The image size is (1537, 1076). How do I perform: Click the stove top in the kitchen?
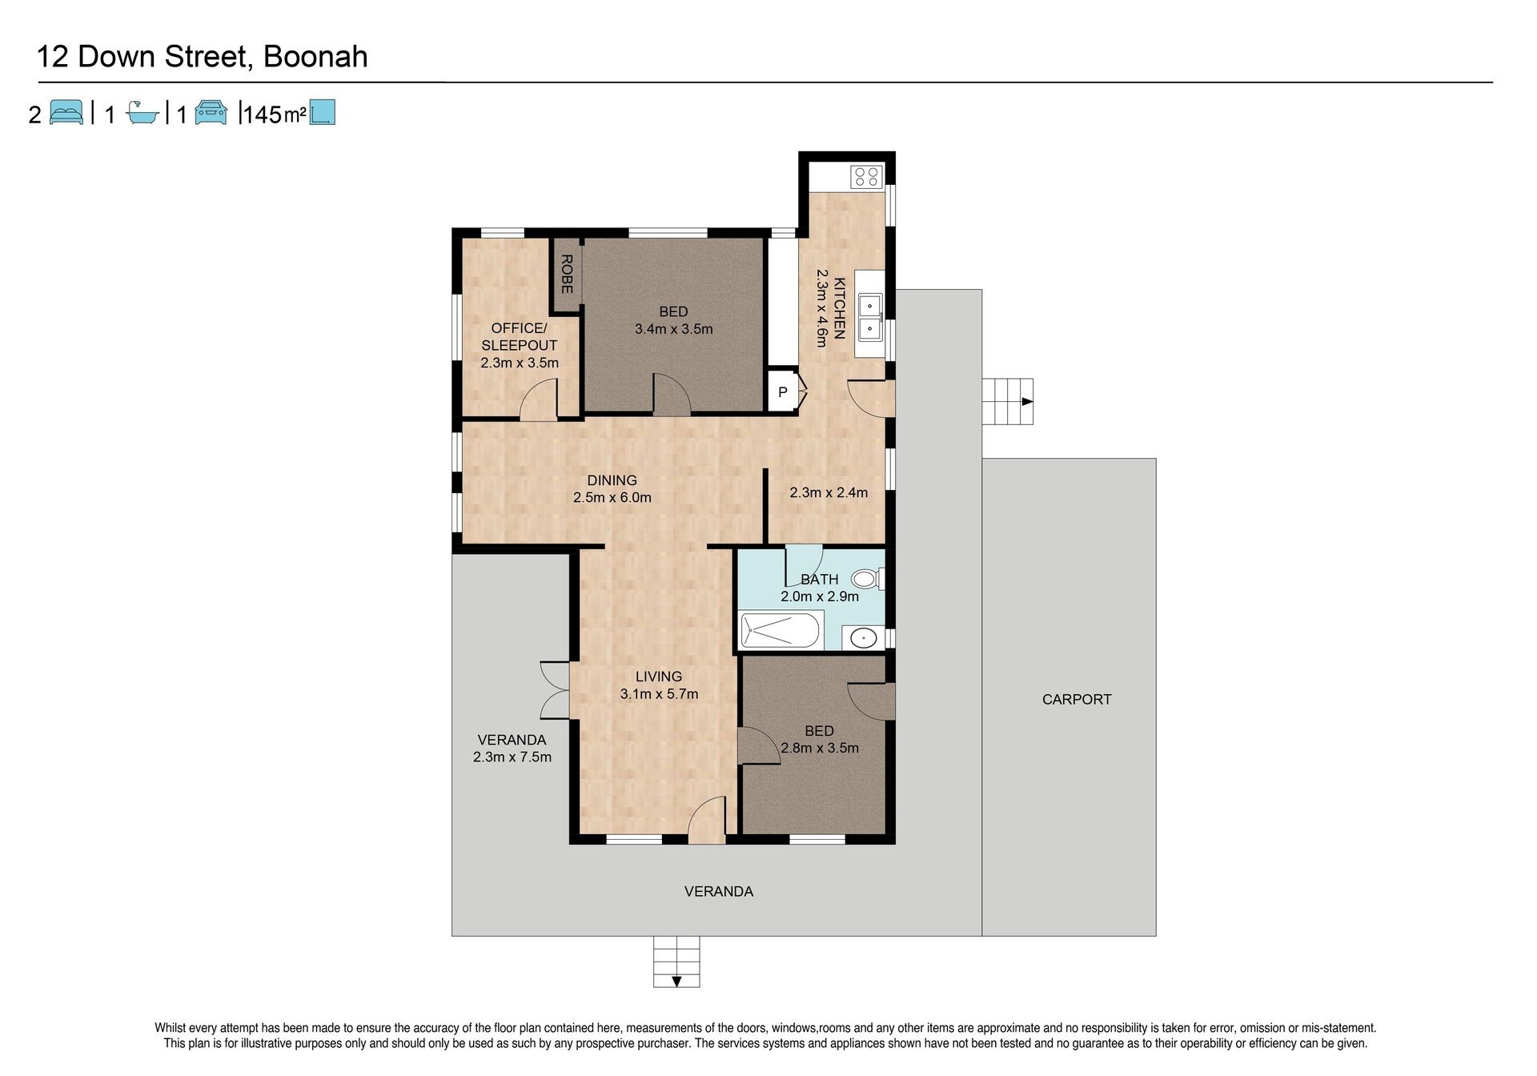(866, 176)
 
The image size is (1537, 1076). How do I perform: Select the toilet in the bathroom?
(867, 578)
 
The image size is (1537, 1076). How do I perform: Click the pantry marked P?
(784, 392)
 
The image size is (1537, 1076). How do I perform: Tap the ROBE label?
(566, 274)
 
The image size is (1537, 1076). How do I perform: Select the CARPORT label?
(1077, 699)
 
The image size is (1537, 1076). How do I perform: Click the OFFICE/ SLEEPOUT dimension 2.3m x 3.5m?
(520, 363)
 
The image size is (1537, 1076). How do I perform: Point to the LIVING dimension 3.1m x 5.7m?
(659, 694)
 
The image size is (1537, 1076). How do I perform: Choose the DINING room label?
(612, 480)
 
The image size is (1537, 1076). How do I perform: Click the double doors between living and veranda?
(555, 689)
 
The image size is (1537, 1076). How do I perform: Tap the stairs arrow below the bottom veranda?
(676, 982)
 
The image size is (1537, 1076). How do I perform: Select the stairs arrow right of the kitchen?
(1027, 402)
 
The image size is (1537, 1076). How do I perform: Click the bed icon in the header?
(66, 113)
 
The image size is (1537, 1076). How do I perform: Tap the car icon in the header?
(211, 113)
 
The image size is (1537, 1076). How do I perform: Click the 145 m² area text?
(274, 114)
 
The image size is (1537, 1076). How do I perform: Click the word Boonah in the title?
(315, 57)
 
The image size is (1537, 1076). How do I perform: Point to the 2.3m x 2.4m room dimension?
(829, 492)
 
